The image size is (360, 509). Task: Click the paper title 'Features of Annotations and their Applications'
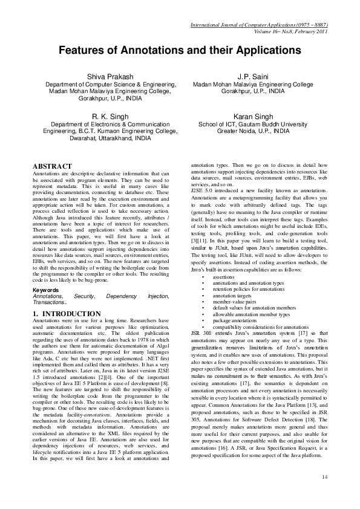(180, 53)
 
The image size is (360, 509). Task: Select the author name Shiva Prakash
(101, 76)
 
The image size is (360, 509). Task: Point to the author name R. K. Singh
(101, 116)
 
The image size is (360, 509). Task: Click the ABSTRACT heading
(52, 166)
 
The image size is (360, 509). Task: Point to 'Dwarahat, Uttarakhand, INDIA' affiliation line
(101, 137)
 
